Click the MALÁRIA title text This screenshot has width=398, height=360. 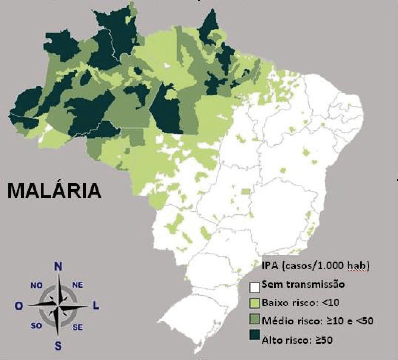[x=54, y=191]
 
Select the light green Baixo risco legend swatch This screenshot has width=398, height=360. [x=254, y=304]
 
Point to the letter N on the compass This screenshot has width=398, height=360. [x=58, y=267]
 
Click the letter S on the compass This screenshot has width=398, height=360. [x=58, y=346]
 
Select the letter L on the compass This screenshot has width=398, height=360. [x=96, y=305]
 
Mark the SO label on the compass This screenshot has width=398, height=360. [x=36, y=326]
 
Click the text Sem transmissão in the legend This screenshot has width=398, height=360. [x=303, y=284]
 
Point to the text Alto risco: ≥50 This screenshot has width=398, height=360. [x=297, y=340]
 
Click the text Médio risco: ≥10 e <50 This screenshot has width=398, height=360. [x=317, y=321]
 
